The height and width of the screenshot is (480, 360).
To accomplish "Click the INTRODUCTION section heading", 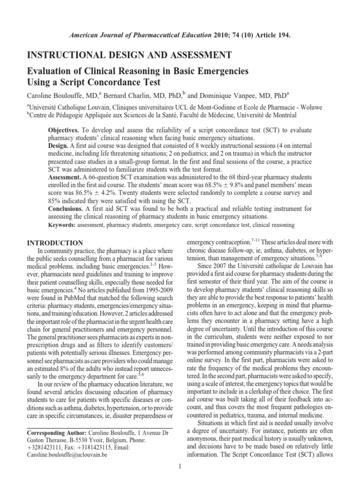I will [55, 243].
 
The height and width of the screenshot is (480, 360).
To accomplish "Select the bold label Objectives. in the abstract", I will [65, 129].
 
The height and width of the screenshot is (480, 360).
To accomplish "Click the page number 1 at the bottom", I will [180, 466].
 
